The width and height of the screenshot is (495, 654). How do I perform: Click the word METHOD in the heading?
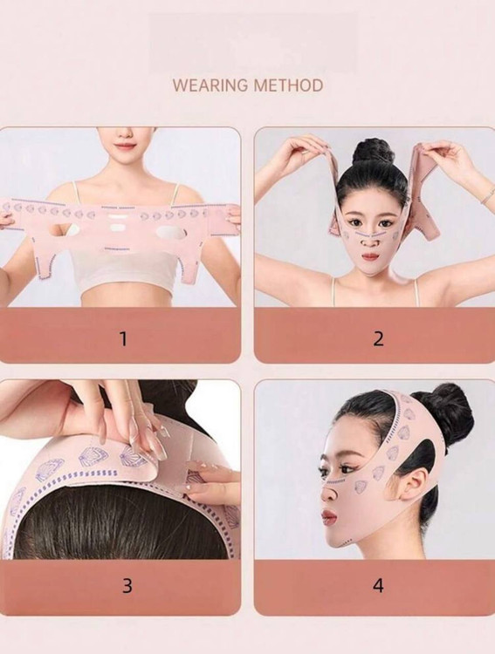pos(288,85)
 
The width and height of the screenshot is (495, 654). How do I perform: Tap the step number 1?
pos(123,338)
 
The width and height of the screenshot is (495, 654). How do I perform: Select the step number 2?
pos(378,338)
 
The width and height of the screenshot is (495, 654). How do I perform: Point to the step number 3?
pos(127,586)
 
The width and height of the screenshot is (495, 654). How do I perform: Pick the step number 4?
pos(378,586)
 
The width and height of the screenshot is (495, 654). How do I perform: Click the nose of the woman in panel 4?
pos(328,491)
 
